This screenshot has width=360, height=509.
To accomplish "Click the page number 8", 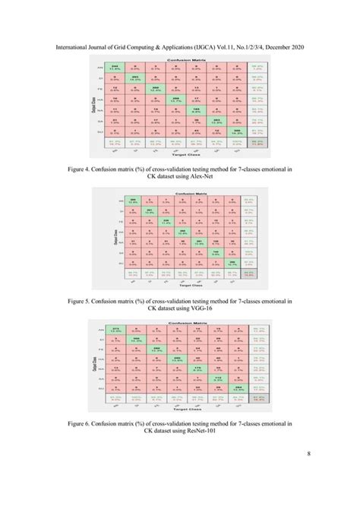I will [309, 476].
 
